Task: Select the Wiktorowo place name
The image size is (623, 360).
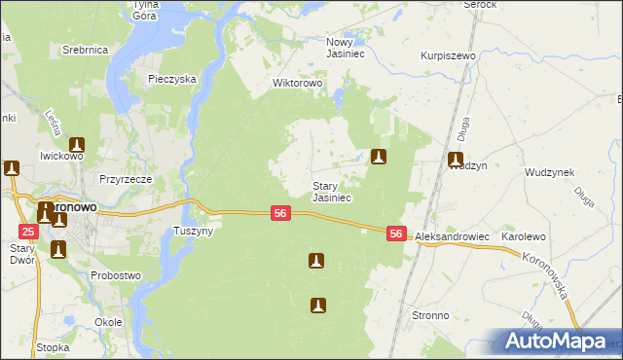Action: (x=297, y=83)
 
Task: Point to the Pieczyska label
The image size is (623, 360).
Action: (x=172, y=79)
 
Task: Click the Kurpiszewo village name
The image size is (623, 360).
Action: (x=448, y=56)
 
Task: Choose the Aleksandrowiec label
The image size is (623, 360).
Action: (x=452, y=237)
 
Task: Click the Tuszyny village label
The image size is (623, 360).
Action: (x=192, y=231)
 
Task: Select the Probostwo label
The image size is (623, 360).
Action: (x=116, y=275)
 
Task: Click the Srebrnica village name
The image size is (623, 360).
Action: (x=85, y=49)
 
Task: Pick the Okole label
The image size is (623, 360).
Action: (x=108, y=321)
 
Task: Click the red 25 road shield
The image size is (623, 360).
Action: (x=28, y=231)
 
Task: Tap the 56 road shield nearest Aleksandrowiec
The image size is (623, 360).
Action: (x=396, y=234)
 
